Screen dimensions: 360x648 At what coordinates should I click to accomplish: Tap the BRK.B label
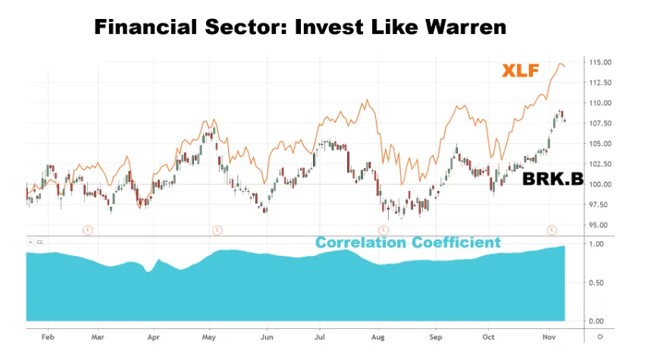click(x=553, y=180)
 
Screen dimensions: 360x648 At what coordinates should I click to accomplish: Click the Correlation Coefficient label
click(x=408, y=243)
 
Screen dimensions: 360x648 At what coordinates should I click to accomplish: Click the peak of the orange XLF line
click(x=560, y=64)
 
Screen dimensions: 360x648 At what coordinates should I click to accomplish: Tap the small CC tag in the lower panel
click(x=40, y=243)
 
